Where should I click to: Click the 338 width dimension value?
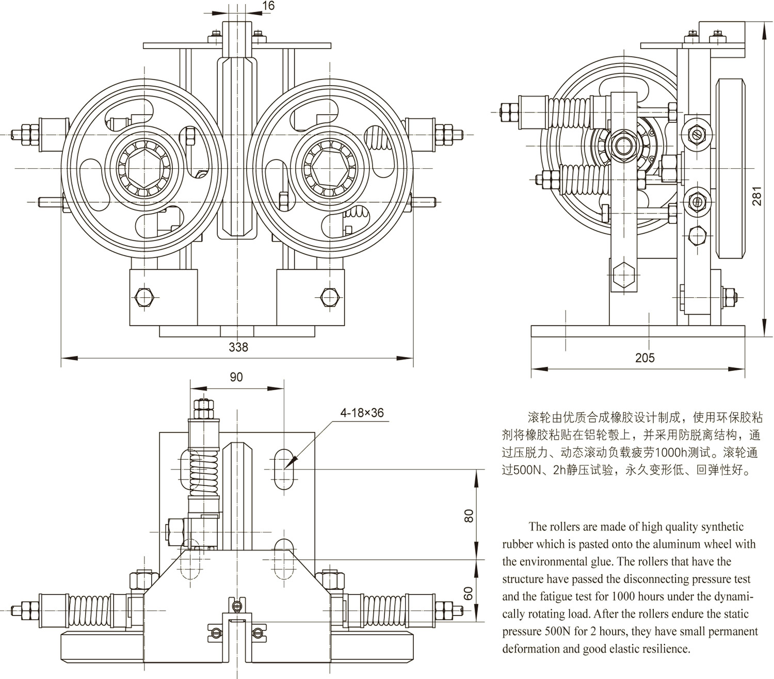[x=238, y=347]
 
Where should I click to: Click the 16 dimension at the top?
[x=268, y=6]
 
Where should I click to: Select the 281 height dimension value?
[x=756, y=196]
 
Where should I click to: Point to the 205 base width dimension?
[x=644, y=358]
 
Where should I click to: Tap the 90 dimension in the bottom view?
[x=236, y=377]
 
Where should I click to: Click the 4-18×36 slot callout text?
[x=362, y=413]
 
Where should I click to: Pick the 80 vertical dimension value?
[x=469, y=515]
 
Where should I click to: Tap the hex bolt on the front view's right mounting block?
[x=328, y=296]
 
